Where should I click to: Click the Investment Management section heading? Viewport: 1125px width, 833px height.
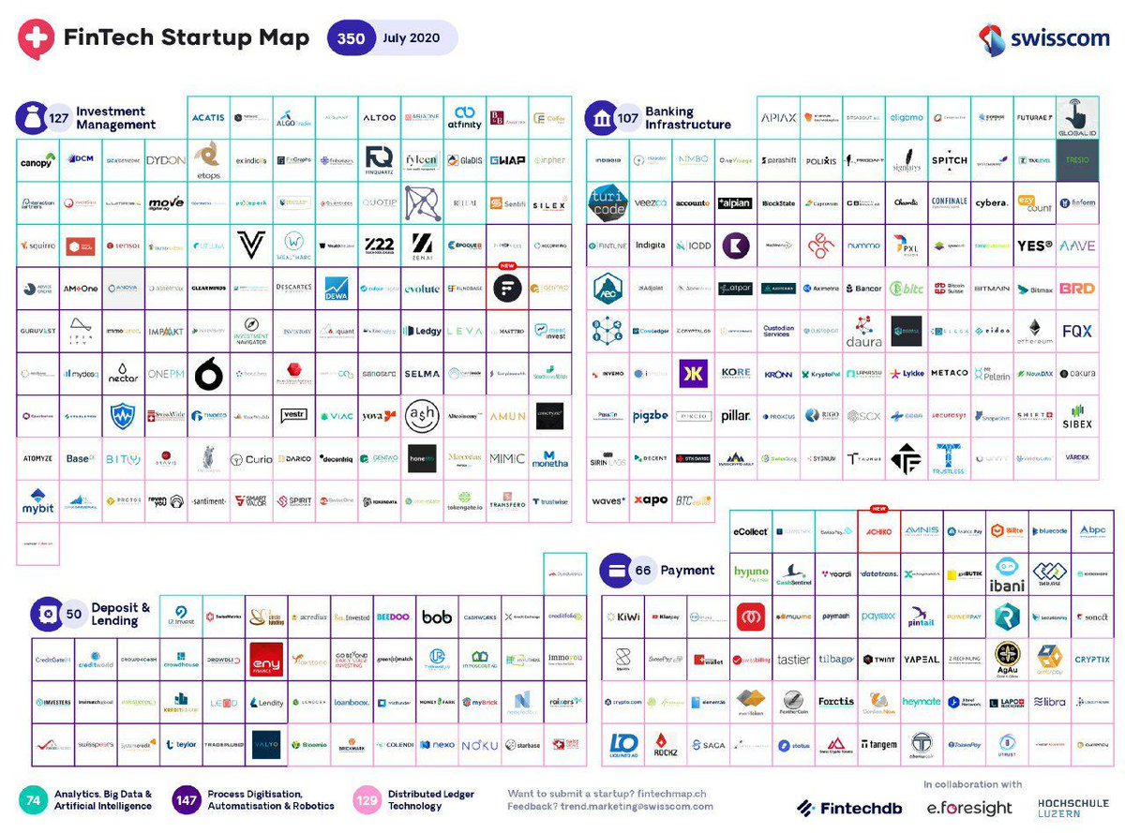click(115, 118)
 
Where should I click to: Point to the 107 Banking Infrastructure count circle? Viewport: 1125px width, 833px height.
click(626, 118)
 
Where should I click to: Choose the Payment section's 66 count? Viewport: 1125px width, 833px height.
click(643, 571)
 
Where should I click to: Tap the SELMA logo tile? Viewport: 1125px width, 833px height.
click(422, 374)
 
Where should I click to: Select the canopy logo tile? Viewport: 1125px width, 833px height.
click(37, 161)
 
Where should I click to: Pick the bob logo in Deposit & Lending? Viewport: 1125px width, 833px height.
click(437, 617)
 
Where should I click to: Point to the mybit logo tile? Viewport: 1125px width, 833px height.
click(37, 500)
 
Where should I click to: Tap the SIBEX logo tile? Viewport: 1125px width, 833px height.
click(1077, 416)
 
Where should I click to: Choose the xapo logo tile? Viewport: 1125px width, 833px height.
click(651, 500)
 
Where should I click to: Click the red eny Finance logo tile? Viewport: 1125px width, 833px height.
click(266, 660)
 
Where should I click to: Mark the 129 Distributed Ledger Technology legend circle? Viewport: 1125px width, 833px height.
click(367, 799)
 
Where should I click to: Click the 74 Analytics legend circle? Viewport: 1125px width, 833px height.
click(33, 799)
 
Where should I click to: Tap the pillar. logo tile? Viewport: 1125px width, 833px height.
click(735, 416)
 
